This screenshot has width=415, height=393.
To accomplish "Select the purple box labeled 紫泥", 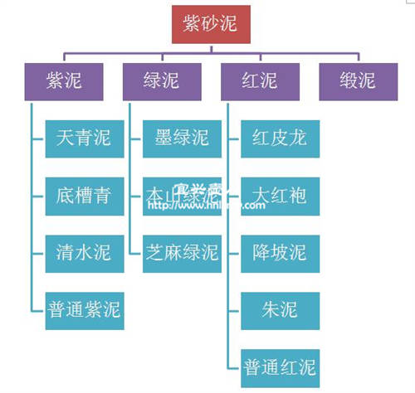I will (64, 81).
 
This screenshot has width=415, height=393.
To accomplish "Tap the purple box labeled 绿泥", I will (161, 81).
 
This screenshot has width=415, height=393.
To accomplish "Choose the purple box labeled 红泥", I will (259, 81).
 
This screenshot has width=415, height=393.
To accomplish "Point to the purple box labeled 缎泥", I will (357, 81).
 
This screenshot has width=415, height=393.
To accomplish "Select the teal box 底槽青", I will (85, 196).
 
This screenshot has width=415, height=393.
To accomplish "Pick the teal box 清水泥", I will (85, 253).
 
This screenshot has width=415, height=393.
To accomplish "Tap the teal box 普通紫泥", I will (85, 310).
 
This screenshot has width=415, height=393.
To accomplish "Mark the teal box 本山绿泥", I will (182, 196).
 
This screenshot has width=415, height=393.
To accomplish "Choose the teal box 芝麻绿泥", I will (182, 253).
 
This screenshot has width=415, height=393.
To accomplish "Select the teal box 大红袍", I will (280, 196).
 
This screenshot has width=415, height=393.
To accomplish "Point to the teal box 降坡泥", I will (280, 253).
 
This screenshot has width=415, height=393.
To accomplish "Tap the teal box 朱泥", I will (280, 310).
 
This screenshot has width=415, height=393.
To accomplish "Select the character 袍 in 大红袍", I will (298, 196).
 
